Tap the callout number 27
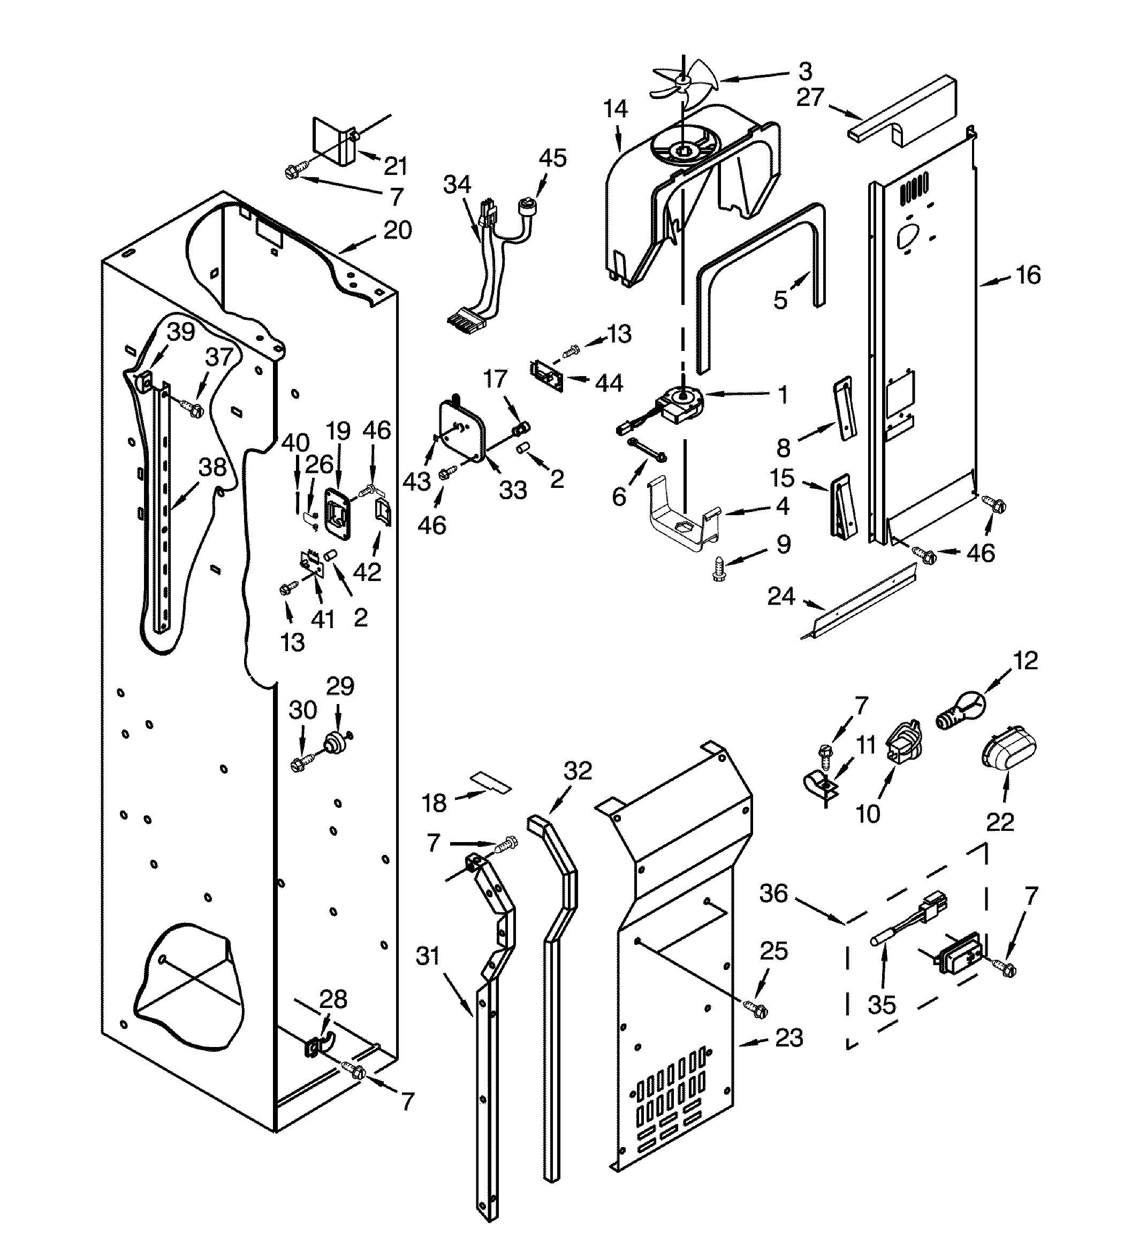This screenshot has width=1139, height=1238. coord(810,98)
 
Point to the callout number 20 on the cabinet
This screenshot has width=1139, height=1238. coord(398,231)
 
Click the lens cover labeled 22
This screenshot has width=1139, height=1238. coord(1008,748)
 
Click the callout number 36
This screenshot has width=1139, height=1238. coord(773,893)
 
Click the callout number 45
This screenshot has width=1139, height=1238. coord(552,158)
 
